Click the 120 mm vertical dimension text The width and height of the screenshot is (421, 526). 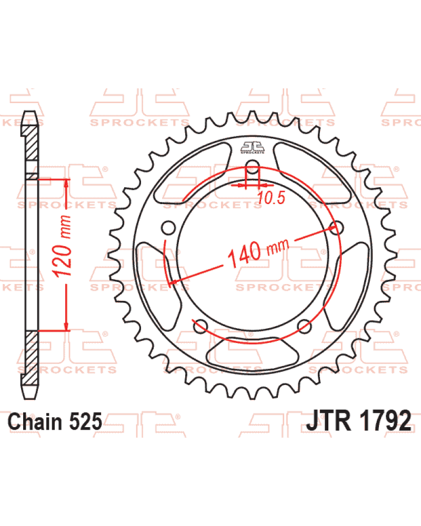coord(63,246)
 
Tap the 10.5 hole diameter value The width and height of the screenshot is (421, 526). coord(271,198)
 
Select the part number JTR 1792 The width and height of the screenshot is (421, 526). coord(358,420)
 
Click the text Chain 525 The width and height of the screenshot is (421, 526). coord(55,421)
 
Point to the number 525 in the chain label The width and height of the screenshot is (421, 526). coord(86,421)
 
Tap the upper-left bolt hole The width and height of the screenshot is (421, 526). coord(168,228)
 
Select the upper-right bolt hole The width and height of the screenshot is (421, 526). coord(337,228)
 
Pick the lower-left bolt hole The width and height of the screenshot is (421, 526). coord(201,326)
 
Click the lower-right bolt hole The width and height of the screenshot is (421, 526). coord(305,326)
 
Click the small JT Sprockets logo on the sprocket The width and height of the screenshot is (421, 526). coord(253,148)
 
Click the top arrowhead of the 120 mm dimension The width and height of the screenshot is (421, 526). coord(66,184)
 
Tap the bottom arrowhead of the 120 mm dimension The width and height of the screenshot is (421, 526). coord(66,326)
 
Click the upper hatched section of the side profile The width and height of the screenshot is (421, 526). coord(32,143)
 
